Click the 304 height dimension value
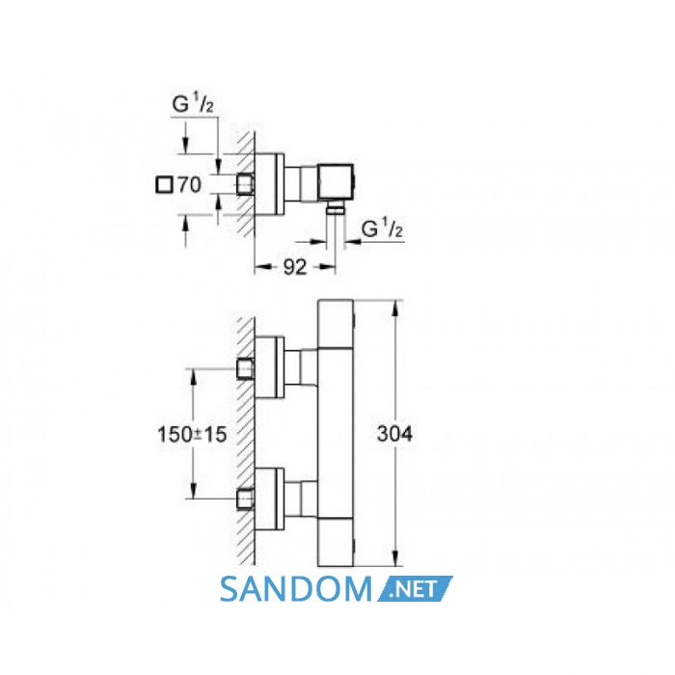click(394, 434)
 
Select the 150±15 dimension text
click(192, 434)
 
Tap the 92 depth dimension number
click(295, 267)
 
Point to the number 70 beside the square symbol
click(189, 185)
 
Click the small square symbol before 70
click(164, 185)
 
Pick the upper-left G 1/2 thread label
click(193, 104)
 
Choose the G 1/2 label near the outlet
click(382, 229)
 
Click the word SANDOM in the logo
click(296, 589)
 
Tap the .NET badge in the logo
click(415, 588)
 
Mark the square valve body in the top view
click(336, 182)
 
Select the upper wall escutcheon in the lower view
click(270, 367)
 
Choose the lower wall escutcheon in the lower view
click(270, 499)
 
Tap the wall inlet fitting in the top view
click(245, 184)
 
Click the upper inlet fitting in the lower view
click(245, 369)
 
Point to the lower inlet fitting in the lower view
click(245, 499)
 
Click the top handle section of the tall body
click(336, 323)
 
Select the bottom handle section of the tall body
click(336, 542)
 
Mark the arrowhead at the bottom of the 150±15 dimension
click(193, 491)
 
